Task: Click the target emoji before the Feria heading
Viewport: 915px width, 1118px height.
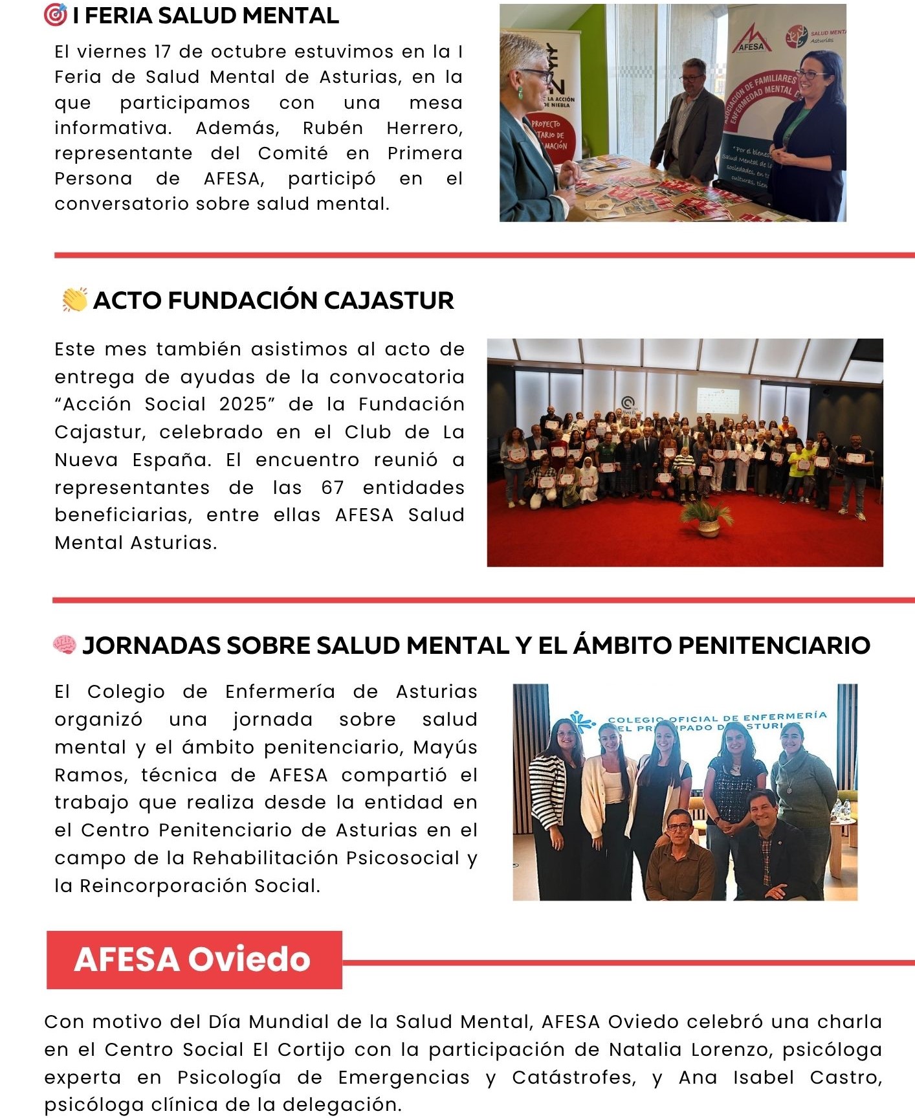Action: [55, 15]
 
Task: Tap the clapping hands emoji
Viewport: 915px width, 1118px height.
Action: [74, 300]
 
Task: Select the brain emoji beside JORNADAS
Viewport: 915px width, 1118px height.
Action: [64, 645]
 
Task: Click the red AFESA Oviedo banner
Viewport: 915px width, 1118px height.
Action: [193, 959]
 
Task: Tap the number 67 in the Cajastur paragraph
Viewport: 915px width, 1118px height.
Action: [333, 487]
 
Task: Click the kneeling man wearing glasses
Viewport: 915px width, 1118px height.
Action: [679, 855]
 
